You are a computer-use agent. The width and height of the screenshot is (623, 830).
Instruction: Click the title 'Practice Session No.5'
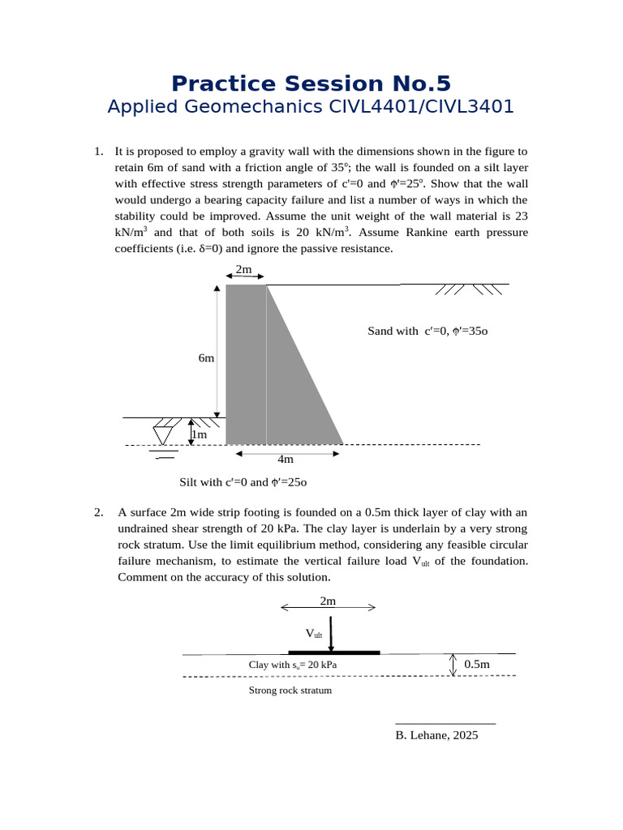[311, 83]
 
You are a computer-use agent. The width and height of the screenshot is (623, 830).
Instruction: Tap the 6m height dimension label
[206, 357]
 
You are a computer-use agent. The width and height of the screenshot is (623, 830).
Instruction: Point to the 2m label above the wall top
[243, 269]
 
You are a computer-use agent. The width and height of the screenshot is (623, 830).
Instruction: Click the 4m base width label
[285, 459]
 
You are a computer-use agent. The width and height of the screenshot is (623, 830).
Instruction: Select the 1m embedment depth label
[199, 434]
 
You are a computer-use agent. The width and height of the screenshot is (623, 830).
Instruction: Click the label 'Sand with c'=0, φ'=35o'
[427, 331]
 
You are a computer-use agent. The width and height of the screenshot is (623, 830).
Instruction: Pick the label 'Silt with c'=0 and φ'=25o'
[243, 482]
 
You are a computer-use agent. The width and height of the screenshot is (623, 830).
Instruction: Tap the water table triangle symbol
[162, 434]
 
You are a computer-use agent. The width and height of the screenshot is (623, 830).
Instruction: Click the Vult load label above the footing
[314, 633]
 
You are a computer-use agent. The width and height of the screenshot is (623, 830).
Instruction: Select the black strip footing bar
[334, 652]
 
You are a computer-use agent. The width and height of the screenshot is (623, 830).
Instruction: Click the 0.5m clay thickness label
[477, 665]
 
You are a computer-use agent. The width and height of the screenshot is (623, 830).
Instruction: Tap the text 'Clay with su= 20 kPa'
[293, 665]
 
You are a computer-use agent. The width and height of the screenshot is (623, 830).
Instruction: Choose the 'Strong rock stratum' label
[290, 691]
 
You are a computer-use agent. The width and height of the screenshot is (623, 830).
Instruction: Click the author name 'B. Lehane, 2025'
[436, 735]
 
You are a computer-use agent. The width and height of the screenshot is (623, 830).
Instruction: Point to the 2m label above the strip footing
[328, 601]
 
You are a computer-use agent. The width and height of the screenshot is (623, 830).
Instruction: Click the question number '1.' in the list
[98, 152]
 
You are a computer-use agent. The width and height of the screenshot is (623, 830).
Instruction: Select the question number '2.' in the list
[98, 512]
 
